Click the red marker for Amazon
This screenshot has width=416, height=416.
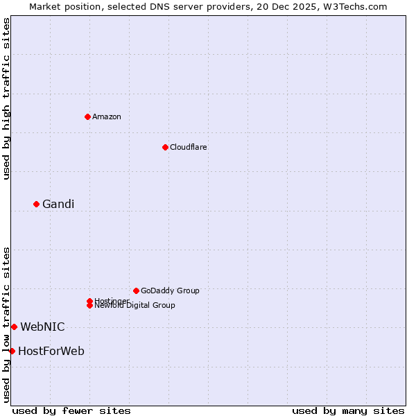pyautogui.click(x=87, y=116)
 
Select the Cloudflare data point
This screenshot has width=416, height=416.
pyautogui.click(x=165, y=147)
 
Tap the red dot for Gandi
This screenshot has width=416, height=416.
pyautogui.click(x=36, y=204)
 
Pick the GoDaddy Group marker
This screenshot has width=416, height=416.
pyautogui.click(x=136, y=291)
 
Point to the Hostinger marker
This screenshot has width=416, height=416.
pyautogui.click(x=89, y=301)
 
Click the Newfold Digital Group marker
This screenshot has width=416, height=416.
pyautogui.click(x=89, y=306)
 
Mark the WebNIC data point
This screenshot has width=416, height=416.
pyautogui.click(x=14, y=327)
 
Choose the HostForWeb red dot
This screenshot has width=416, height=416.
pyautogui.click(x=12, y=351)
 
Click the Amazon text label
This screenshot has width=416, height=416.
pyautogui.click(x=107, y=116)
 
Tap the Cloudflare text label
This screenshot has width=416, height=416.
pyautogui.click(x=188, y=147)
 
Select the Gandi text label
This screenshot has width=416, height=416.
pyautogui.click(x=58, y=204)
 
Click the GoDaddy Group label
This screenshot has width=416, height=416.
pyautogui.click(x=170, y=291)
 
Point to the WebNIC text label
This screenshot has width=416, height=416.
pyautogui.click(x=42, y=327)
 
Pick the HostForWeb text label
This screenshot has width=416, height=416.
pyautogui.click(x=51, y=351)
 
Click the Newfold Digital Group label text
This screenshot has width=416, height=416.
pyautogui.click(x=135, y=306)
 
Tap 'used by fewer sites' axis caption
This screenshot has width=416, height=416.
pyautogui.click(x=71, y=411)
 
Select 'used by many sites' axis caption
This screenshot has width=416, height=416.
pyautogui.click(x=348, y=411)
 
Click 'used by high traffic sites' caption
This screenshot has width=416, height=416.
pyautogui.click(x=7, y=98)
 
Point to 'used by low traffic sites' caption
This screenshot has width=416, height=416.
pyautogui.click(x=7, y=324)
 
